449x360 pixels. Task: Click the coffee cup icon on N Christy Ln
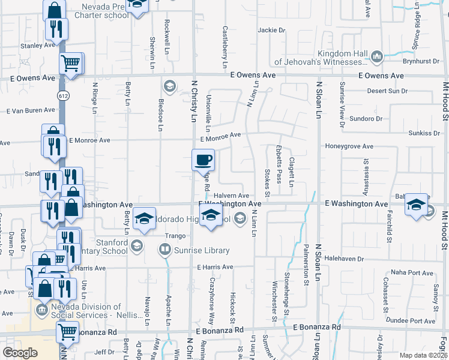click(x=203, y=160)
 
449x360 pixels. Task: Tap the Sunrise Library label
click(x=202, y=250)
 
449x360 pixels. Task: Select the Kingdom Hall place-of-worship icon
click(x=377, y=57)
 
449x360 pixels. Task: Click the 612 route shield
click(x=62, y=96)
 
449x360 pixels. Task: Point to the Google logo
click(x=20, y=353)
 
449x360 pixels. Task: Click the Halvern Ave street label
click(x=231, y=196)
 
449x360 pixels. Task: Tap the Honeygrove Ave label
click(x=349, y=146)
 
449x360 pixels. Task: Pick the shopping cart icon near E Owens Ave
click(x=71, y=62)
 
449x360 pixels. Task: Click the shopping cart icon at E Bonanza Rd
click(x=68, y=331)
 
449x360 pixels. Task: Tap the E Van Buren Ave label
click(x=31, y=110)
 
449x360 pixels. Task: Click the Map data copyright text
click(x=424, y=355)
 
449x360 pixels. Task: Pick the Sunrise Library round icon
click(x=164, y=249)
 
